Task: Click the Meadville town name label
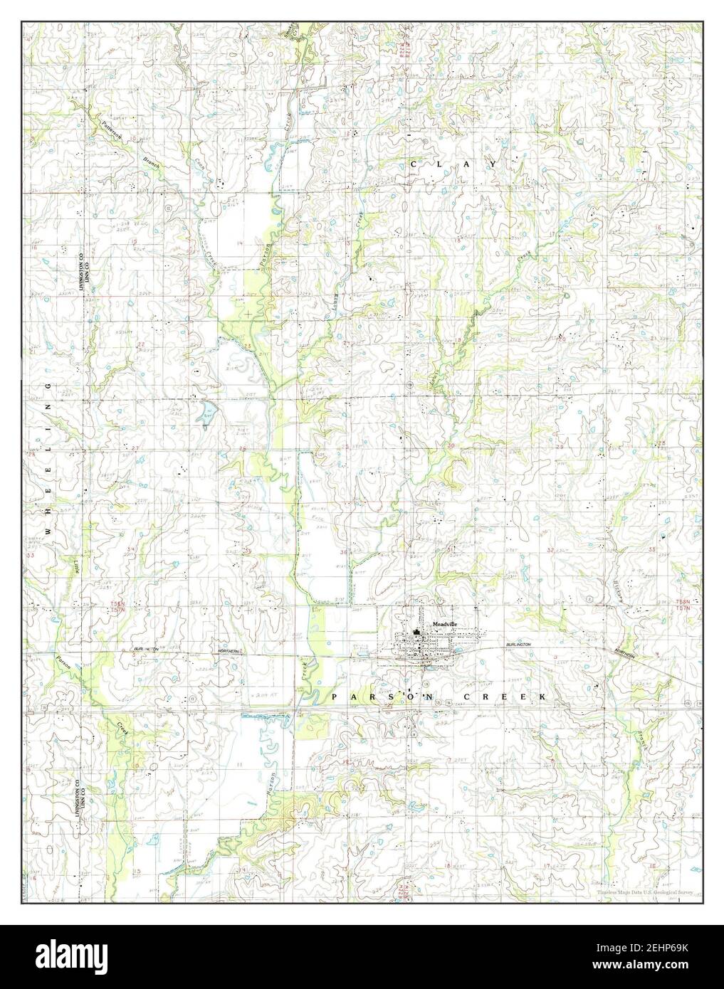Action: pos(445,624)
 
